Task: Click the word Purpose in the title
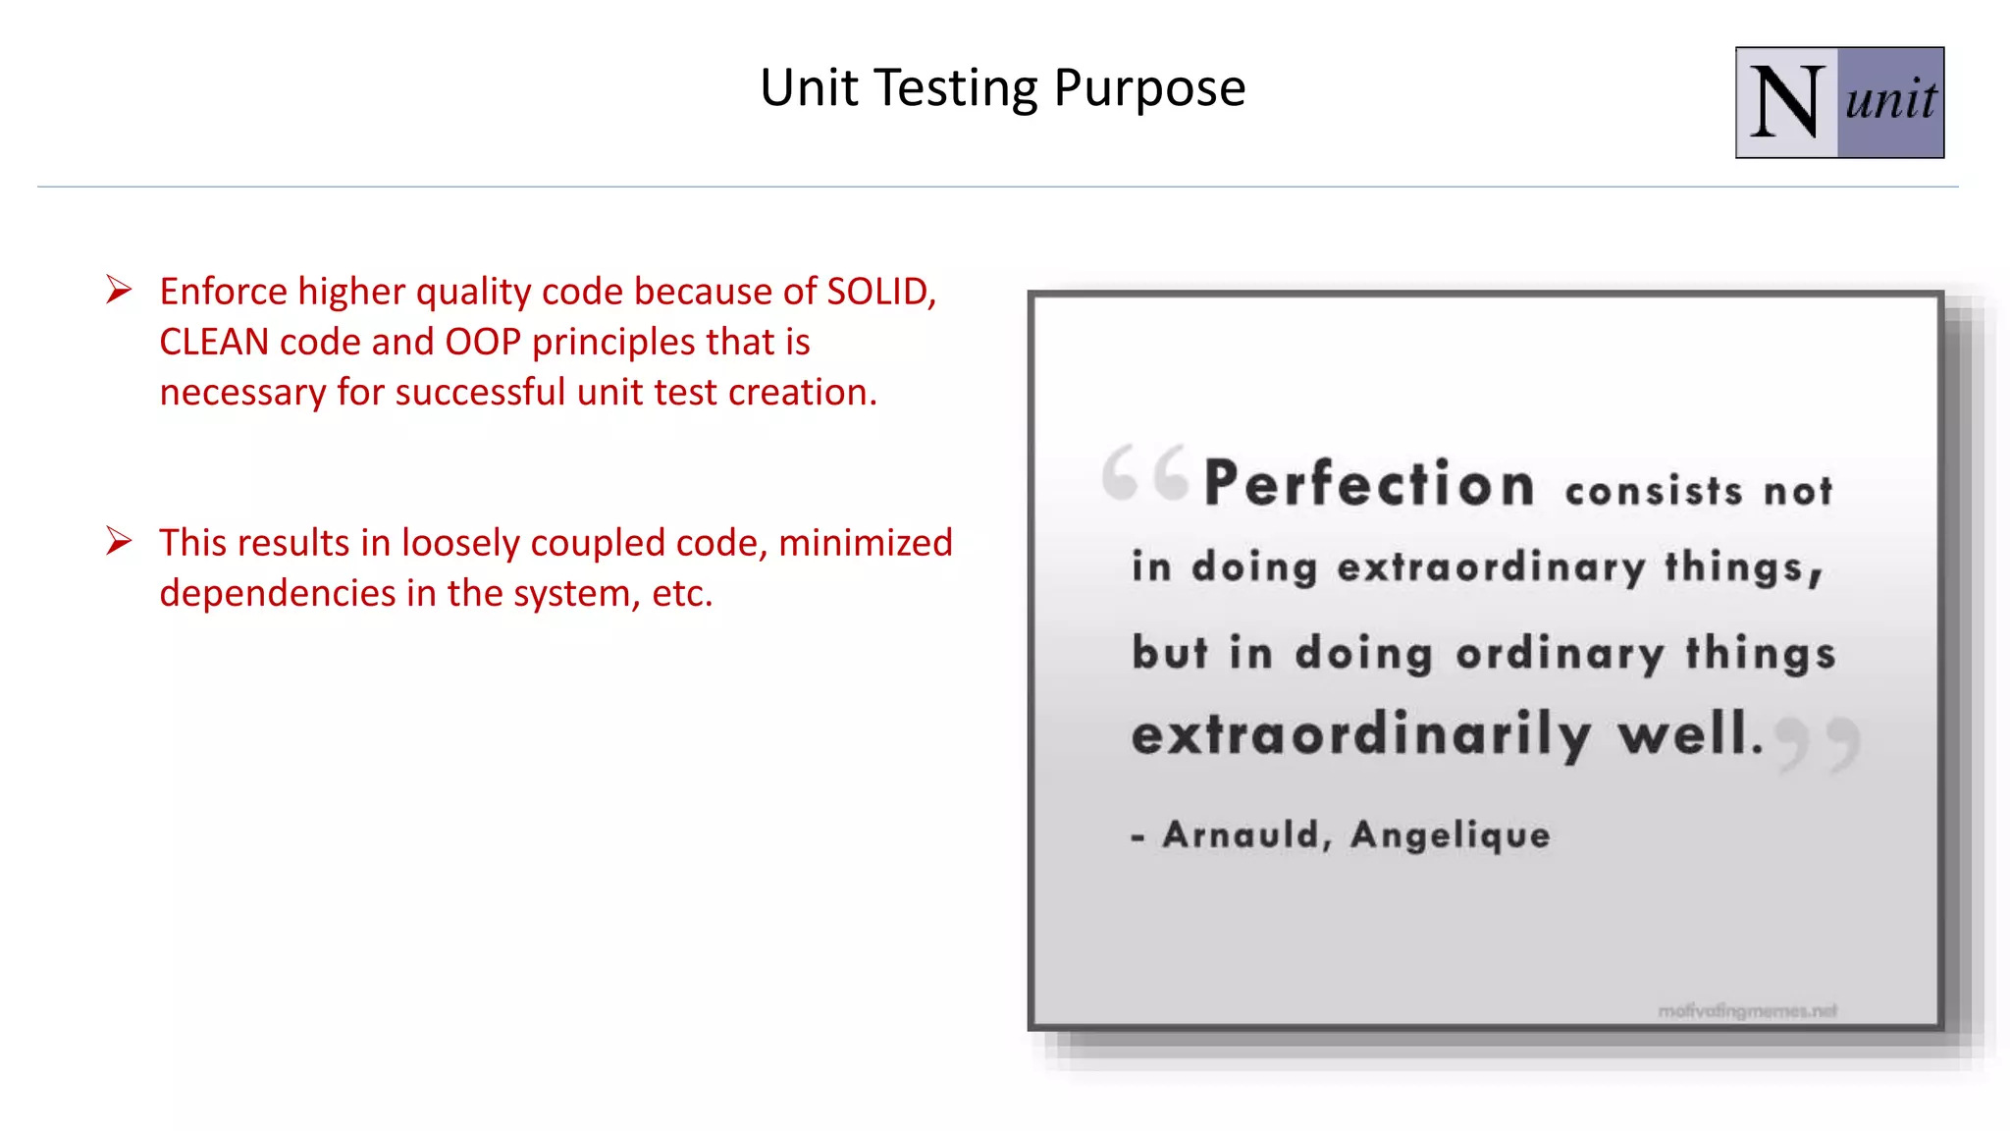(1149, 89)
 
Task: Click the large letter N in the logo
(1786, 102)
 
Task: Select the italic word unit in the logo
(1890, 100)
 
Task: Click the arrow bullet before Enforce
(119, 290)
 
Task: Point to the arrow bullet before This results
(119, 541)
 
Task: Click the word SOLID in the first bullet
(880, 292)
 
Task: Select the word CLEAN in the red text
(214, 342)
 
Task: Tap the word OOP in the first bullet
(483, 342)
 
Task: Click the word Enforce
(224, 292)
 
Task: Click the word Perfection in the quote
(1369, 484)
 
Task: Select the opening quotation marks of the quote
(1144, 472)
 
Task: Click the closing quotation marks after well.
(1819, 743)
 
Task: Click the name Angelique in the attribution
(1450, 835)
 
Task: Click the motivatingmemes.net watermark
(1747, 1011)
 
